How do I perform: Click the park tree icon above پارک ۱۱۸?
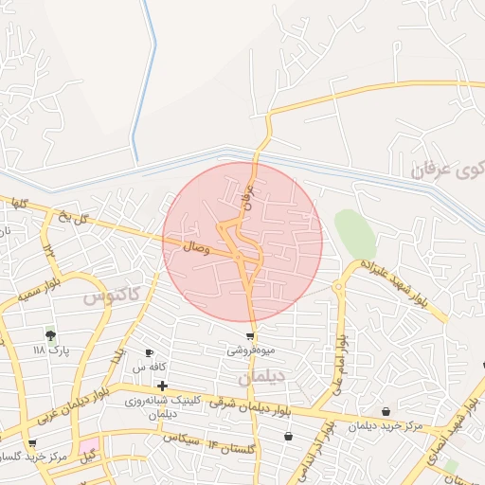(x=50, y=334)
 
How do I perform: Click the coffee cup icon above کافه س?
(x=150, y=353)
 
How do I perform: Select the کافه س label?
(x=150, y=367)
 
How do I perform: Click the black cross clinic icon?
(x=163, y=386)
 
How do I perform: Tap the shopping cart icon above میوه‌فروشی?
(x=250, y=336)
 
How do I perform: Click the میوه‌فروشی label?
(x=250, y=350)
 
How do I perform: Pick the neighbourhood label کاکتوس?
(x=111, y=294)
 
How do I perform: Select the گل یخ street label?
(x=83, y=220)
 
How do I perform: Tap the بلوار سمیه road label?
(x=40, y=288)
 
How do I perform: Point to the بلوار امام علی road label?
(x=337, y=365)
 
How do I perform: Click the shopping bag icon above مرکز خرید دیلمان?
(x=386, y=411)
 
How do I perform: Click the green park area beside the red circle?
(x=353, y=233)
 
